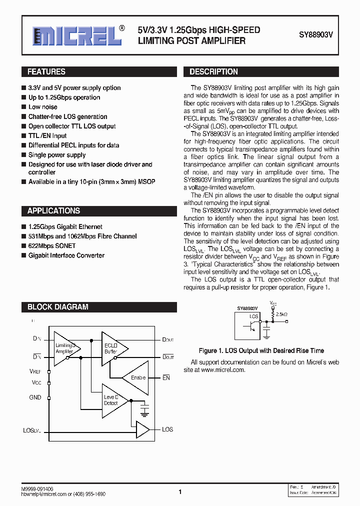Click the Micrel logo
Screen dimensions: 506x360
[x=77, y=35]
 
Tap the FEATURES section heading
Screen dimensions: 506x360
[x=46, y=72]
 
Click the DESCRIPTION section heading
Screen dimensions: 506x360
[x=213, y=72]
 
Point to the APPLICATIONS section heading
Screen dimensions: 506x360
[x=53, y=211]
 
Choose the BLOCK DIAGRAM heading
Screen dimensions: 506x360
[x=57, y=307]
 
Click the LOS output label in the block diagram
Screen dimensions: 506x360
[x=167, y=429]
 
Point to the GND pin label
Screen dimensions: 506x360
[x=35, y=397]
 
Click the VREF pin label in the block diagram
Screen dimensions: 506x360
[x=35, y=371]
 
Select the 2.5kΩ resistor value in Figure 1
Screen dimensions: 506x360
[x=282, y=314]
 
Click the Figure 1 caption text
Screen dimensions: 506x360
[x=261, y=350]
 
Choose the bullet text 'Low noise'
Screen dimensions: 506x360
[x=43, y=107]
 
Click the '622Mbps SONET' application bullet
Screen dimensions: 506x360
[x=52, y=246]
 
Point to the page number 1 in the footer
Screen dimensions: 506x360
[x=180, y=492]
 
